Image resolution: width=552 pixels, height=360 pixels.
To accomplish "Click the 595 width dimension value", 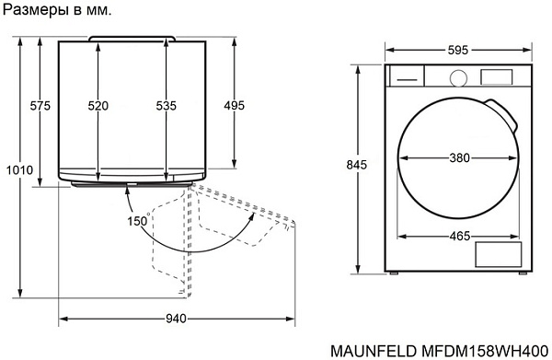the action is coord(458,51).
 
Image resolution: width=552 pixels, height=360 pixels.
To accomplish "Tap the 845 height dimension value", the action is coord(356,165).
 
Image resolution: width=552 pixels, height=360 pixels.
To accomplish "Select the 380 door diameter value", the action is coord(459,157).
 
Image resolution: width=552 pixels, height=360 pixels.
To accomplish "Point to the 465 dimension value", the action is coord(460,236).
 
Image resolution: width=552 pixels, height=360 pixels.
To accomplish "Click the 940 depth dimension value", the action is coord(176,319).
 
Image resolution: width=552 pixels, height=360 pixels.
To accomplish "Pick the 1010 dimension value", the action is coord(19,170).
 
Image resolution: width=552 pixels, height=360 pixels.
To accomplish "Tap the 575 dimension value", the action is coord(40,106).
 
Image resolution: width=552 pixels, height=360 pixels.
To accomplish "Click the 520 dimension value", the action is coord(98,106).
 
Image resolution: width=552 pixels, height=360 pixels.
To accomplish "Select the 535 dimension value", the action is coord(167,106).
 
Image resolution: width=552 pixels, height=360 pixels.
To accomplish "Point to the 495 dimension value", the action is coord(234,106).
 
